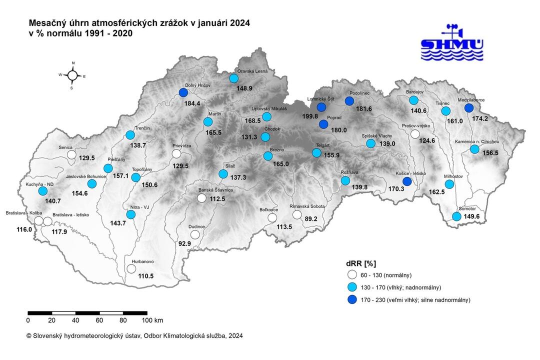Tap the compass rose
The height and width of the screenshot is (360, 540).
pos(72,75)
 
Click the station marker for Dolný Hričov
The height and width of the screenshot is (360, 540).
pos(183,92)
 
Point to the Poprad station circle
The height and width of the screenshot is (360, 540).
pos(323,124)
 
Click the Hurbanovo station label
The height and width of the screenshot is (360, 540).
pos(142,261)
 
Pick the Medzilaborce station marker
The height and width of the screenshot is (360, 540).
pos(468,107)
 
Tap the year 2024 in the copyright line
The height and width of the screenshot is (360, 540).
pos(235,336)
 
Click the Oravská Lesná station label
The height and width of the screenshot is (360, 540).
pos(252,71)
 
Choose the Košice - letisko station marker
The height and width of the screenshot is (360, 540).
pos(407,181)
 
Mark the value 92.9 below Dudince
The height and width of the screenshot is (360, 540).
pos(185,243)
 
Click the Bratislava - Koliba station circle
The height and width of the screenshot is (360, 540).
pos(38,221)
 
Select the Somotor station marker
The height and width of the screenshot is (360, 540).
pos(456,216)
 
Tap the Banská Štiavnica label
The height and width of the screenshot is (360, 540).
pos(216,190)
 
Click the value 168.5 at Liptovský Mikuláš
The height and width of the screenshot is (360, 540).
pos(253,120)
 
